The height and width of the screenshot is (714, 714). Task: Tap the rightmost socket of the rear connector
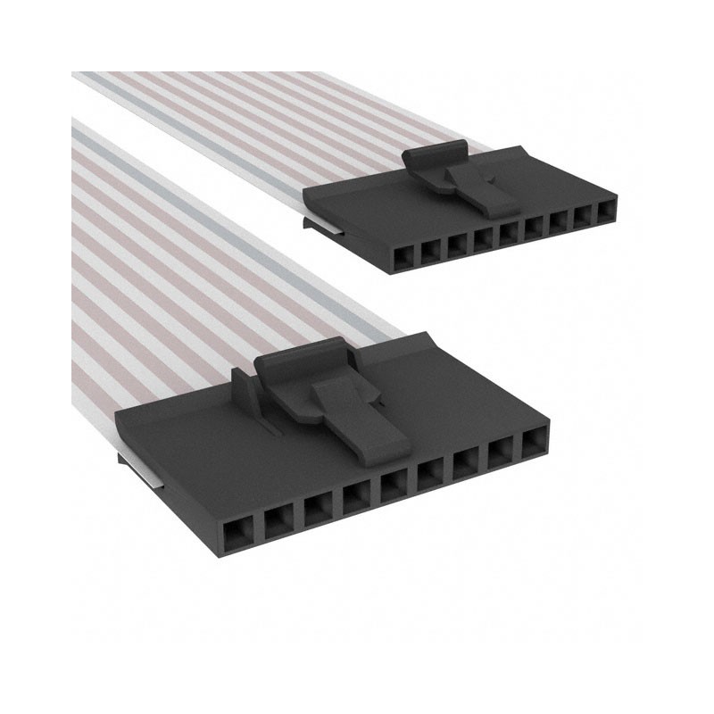coord(607,212)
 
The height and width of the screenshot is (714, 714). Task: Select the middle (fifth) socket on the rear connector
coord(507,235)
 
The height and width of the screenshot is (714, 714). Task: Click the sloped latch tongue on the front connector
coord(361,419)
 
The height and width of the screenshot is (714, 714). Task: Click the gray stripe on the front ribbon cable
coord(223,231)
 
